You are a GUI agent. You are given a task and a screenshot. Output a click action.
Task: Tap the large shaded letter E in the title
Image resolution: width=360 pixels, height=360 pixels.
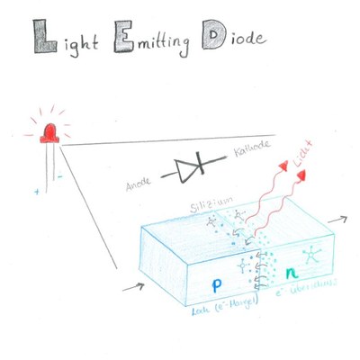click(120, 38)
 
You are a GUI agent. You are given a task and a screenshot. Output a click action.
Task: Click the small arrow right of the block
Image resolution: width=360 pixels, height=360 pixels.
click(343, 220)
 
